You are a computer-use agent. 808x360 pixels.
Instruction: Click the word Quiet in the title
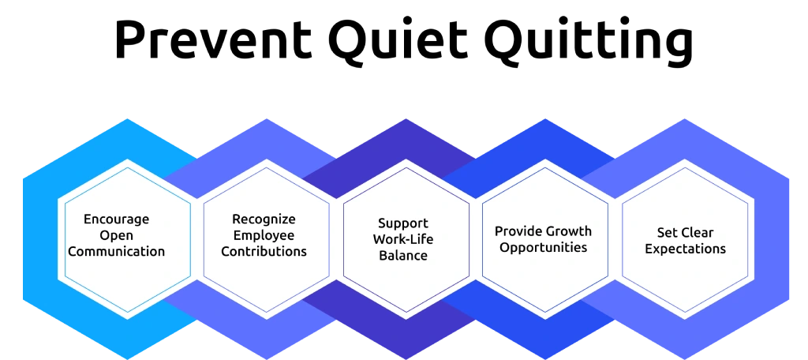click(x=398, y=39)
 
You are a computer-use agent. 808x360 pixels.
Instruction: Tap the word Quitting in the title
click(x=588, y=43)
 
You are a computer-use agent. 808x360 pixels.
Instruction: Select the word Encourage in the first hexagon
click(x=117, y=219)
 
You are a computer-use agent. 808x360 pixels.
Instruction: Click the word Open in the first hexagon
click(x=117, y=236)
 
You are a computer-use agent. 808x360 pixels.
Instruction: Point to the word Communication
click(x=117, y=252)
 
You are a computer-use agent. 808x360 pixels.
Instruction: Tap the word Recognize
click(x=264, y=219)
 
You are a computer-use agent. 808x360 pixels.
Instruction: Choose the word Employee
click(x=264, y=236)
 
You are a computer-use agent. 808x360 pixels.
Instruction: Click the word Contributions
click(x=264, y=252)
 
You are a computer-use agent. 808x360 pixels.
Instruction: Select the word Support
click(x=403, y=224)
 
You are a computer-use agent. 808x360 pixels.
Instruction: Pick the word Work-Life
click(x=403, y=239)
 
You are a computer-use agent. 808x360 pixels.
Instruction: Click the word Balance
click(x=403, y=255)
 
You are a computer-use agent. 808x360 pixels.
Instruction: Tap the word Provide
click(x=518, y=231)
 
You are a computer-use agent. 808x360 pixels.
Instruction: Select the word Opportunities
click(x=543, y=248)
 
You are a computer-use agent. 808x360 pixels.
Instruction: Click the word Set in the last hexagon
click(x=666, y=233)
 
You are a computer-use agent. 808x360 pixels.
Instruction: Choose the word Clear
click(x=697, y=233)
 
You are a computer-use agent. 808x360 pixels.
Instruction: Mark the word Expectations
click(x=686, y=249)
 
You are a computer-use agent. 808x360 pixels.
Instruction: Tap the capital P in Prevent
click(x=129, y=39)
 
